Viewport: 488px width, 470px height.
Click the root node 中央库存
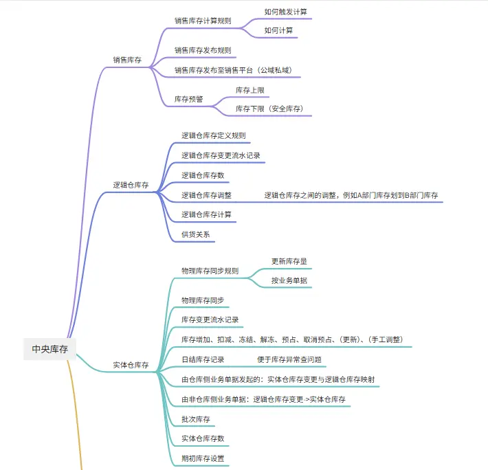click(x=50, y=349)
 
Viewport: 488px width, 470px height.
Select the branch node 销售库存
click(x=127, y=60)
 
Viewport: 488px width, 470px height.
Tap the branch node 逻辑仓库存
click(x=131, y=186)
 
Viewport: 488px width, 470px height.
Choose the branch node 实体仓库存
click(x=131, y=365)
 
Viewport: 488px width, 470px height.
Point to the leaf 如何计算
click(x=278, y=31)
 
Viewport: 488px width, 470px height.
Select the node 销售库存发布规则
click(x=202, y=50)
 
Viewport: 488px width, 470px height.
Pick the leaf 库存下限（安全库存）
click(x=269, y=109)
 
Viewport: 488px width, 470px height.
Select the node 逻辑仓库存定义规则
click(x=213, y=136)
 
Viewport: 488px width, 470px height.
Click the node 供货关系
click(x=195, y=234)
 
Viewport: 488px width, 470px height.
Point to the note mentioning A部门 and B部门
click(x=351, y=195)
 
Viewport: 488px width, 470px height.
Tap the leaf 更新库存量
click(x=289, y=262)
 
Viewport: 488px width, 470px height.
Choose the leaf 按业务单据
click(x=289, y=280)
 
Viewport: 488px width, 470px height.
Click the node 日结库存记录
click(x=203, y=359)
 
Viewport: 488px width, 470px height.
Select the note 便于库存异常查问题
click(x=289, y=359)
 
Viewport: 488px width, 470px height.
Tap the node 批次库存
click(x=195, y=418)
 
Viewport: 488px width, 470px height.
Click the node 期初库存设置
click(x=203, y=458)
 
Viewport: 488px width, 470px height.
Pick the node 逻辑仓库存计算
click(x=206, y=214)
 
